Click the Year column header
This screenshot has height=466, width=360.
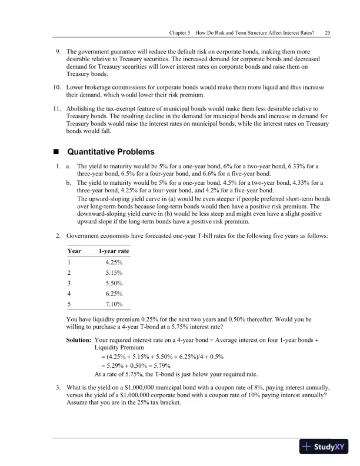point(75,251)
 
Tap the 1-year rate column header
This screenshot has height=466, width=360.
point(114,251)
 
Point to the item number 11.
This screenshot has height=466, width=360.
point(57,109)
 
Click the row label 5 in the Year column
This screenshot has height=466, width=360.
point(69,304)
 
